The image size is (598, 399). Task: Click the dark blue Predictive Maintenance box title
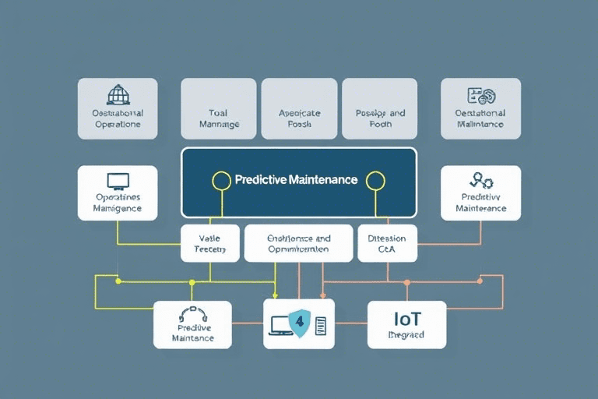[296, 180]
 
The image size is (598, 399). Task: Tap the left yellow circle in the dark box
[222, 181]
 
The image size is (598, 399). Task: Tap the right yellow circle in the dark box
[375, 181]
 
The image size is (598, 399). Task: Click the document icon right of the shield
[320, 325]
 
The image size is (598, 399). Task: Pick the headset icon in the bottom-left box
[192, 315]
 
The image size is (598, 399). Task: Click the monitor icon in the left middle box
[118, 181]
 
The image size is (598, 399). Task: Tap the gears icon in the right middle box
[481, 182]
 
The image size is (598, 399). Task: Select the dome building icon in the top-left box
[118, 94]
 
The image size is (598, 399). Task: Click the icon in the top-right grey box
[480, 97]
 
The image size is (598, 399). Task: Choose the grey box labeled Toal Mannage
[219, 108]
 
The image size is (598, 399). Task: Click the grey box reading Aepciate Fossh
[300, 108]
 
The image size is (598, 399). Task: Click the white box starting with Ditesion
[387, 243]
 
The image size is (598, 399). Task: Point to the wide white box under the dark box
[298, 243]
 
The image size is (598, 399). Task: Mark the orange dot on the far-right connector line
[480, 280]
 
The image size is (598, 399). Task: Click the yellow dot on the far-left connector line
[118, 281]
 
